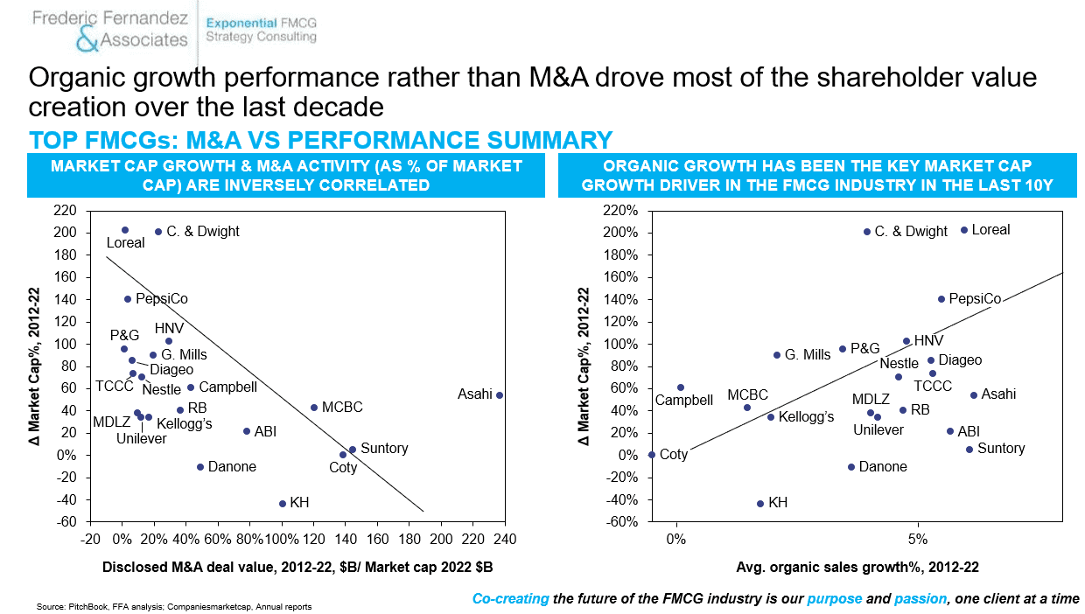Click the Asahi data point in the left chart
pos(500,395)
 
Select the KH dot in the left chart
pos(283,504)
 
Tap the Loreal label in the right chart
pos(990,229)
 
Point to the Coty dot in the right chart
pos(652,455)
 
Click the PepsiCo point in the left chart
pos(128,299)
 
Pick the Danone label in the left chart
pos(232,466)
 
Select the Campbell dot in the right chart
pos(681,387)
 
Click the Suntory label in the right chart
pos(1001,448)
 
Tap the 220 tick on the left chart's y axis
pos(65,210)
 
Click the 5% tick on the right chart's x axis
pos(917,539)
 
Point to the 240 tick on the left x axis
pos(505,539)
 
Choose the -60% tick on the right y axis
pos(621,521)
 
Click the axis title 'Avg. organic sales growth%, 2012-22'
pos(857,567)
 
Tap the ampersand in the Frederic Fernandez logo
pos(87,39)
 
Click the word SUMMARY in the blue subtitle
pos(549,140)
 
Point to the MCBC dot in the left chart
pos(314,408)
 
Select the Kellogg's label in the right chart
pos(806,416)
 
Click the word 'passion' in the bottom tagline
pos(920,599)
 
